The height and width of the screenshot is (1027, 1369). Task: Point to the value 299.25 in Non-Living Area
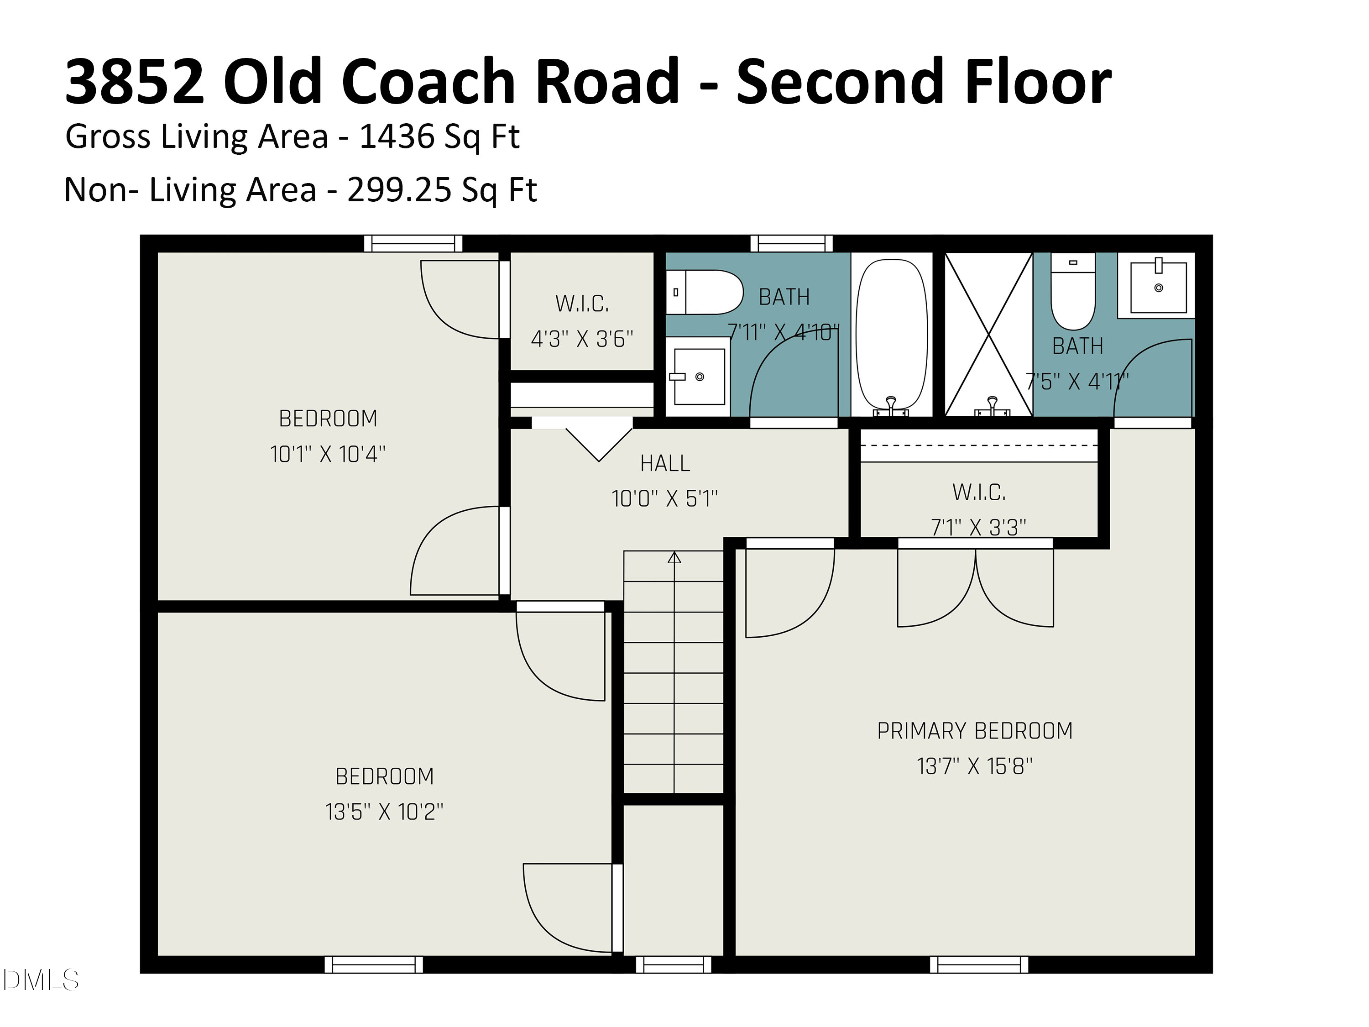(x=399, y=189)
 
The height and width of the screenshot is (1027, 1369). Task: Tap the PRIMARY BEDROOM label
(x=974, y=731)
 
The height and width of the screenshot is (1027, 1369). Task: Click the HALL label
(x=665, y=463)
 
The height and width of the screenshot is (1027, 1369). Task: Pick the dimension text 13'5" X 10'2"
(x=384, y=812)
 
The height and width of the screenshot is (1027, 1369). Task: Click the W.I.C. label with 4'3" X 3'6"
(x=582, y=304)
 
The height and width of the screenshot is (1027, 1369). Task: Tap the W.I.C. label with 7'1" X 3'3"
(x=978, y=493)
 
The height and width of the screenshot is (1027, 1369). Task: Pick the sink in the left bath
(x=699, y=376)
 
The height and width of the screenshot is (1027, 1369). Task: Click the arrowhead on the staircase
(x=674, y=558)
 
